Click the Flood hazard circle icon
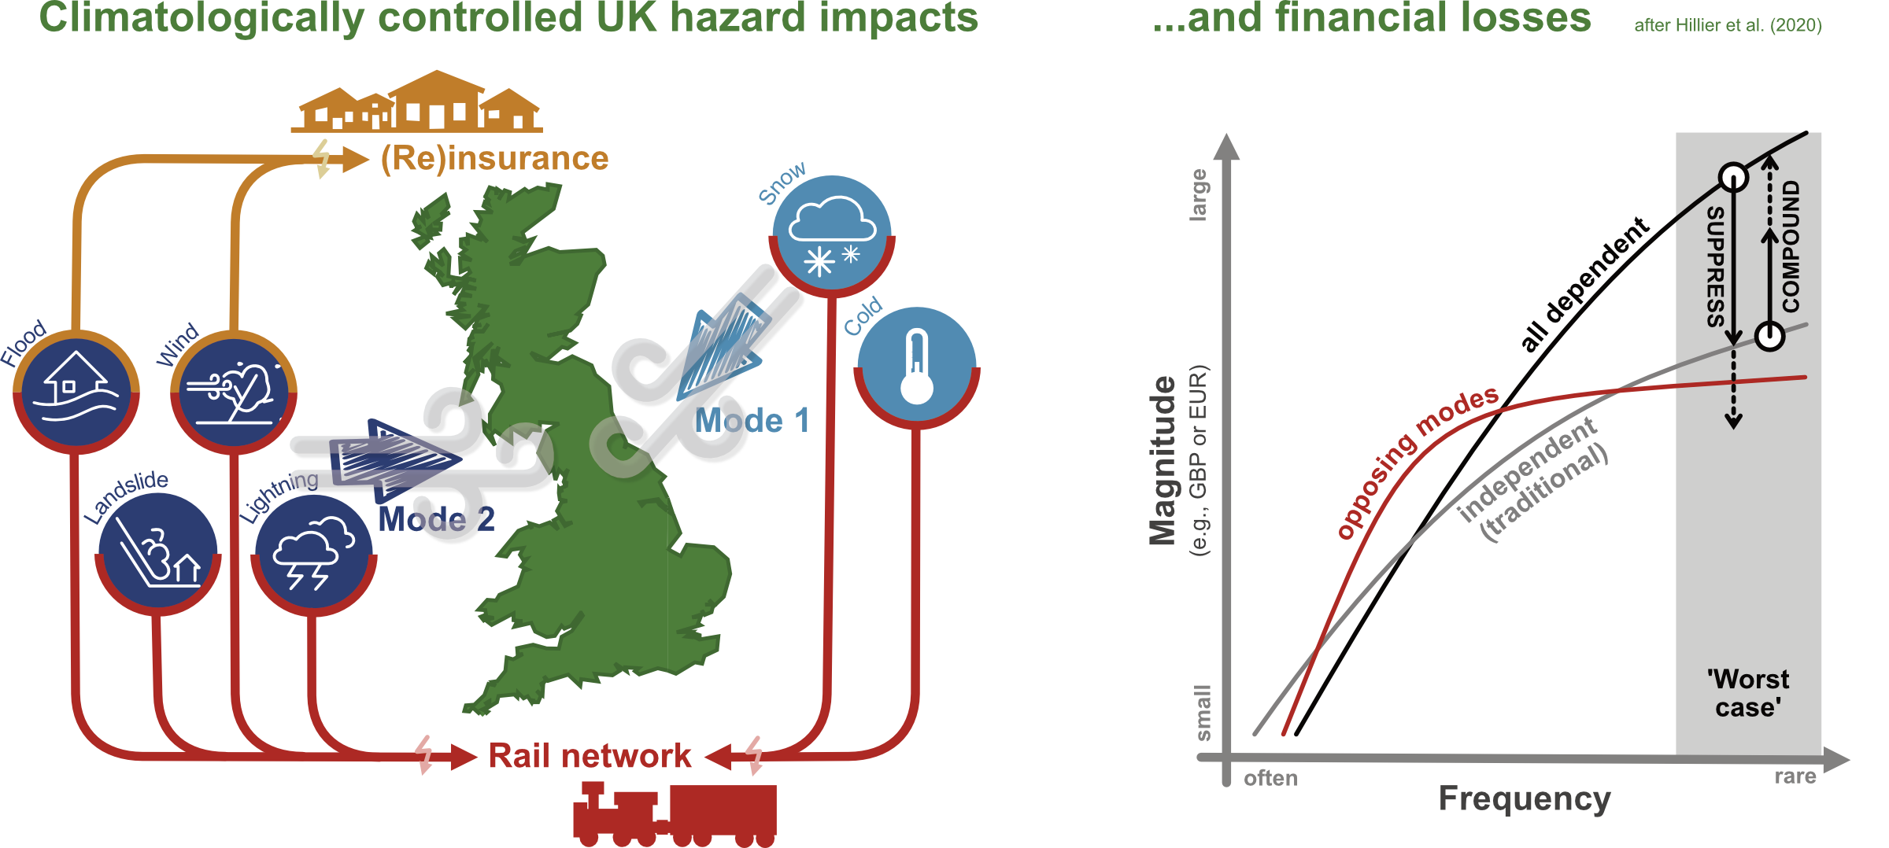(x=76, y=391)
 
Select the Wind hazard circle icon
(x=234, y=391)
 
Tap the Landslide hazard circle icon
(x=157, y=553)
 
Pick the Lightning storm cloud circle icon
(x=313, y=553)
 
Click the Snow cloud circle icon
(x=832, y=235)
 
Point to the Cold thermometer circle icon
(x=917, y=367)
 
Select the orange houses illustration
(x=417, y=102)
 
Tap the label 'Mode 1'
(x=752, y=422)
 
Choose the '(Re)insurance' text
(x=494, y=159)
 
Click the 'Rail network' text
(x=590, y=756)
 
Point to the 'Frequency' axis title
(x=1525, y=799)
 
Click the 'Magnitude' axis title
(x=1163, y=460)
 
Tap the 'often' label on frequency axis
(x=1270, y=779)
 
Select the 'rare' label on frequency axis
(x=1795, y=776)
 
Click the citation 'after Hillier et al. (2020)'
(x=1728, y=25)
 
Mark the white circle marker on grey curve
(x=1769, y=337)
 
